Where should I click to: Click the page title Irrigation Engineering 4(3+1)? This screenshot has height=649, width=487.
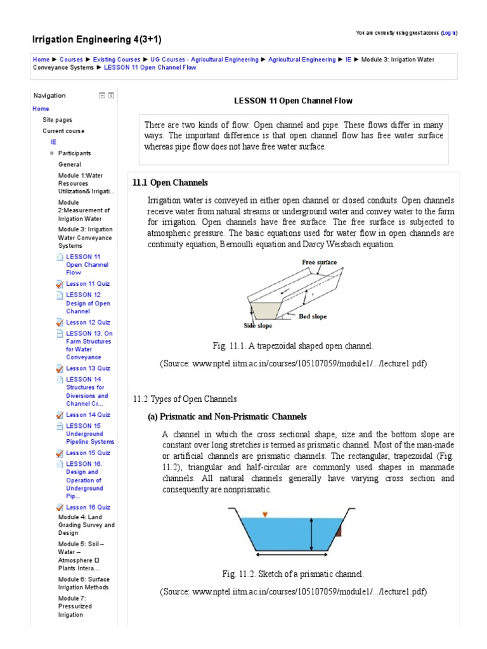(96, 40)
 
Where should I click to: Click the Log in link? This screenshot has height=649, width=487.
(448, 32)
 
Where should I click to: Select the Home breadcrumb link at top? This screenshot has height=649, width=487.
(41, 60)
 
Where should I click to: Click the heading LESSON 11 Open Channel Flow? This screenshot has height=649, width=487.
(293, 101)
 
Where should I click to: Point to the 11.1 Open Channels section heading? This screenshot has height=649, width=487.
(170, 183)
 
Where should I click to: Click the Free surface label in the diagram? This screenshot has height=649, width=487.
(319, 262)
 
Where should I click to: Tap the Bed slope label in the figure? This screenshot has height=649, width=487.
(313, 316)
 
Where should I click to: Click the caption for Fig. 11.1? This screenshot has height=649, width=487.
(293, 346)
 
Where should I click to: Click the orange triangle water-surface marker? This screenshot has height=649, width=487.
(265, 514)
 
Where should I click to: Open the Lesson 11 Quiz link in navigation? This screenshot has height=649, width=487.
(88, 284)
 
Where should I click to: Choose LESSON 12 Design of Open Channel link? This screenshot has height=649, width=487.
(88, 303)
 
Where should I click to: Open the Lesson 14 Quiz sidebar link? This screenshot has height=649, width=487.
(88, 414)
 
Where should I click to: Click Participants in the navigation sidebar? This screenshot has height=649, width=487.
(74, 153)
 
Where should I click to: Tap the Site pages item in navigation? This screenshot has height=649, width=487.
(57, 120)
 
